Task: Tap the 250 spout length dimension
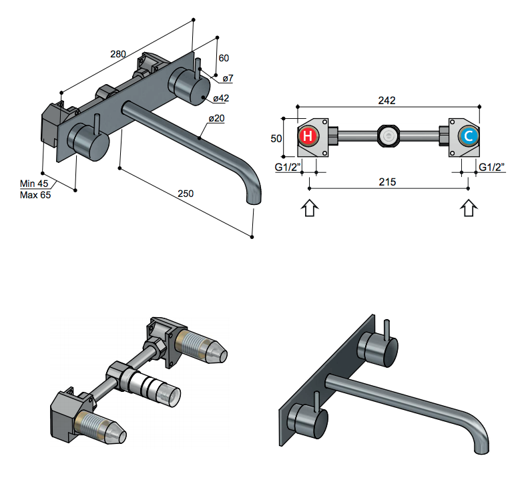[186, 194]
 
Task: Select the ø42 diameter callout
[222, 99]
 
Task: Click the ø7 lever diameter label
[227, 79]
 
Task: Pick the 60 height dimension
[224, 57]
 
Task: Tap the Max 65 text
[35, 195]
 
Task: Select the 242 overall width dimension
[386, 101]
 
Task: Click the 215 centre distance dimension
[388, 182]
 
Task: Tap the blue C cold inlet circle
[469, 137]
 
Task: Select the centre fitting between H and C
[388, 137]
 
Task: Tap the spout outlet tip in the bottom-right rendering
[479, 447]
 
